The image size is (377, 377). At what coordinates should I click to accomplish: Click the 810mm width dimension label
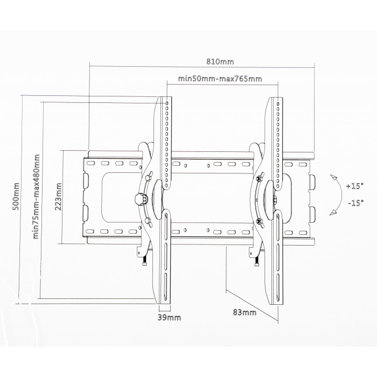220,62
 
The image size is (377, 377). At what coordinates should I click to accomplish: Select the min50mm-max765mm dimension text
220,79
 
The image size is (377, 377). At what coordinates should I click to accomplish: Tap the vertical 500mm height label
16,197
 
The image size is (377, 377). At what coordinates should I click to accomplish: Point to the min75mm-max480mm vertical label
36,197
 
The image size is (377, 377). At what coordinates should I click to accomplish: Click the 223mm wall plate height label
58,197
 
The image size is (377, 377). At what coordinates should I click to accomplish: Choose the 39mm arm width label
169,317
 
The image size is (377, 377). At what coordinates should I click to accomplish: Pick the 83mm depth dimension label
245,312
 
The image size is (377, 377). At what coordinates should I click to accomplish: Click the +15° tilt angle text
354,186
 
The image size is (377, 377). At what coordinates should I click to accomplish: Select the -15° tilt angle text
356,203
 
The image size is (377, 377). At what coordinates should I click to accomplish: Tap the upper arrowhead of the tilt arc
333,177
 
